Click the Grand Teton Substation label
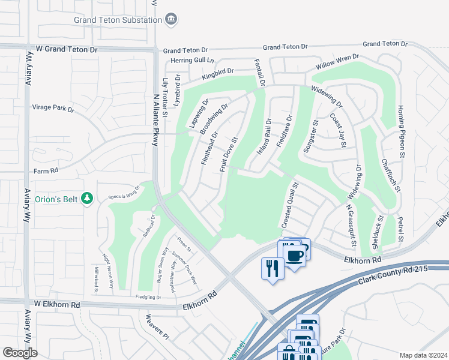pos(118,20)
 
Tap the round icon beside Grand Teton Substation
pos(171,20)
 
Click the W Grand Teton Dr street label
pos(66,48)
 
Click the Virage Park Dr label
pos(53,109)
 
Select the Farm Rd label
pos(46,171)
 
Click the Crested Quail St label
pos(289,206)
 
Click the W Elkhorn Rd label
pos(57,305)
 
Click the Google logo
pos(20,353)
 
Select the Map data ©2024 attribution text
pos(423,355)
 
